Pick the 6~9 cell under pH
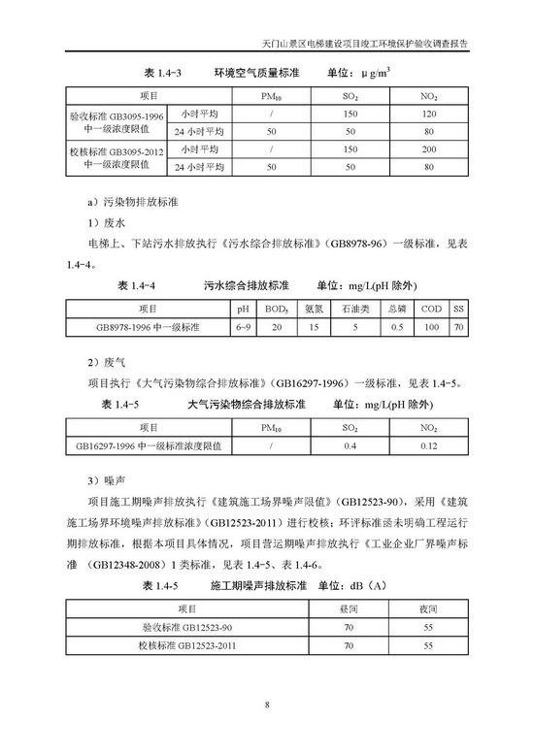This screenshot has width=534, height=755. [243, 328]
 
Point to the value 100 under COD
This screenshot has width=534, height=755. [431, 328]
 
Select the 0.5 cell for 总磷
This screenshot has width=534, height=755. [396, 328]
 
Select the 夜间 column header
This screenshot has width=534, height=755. [424, 608]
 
